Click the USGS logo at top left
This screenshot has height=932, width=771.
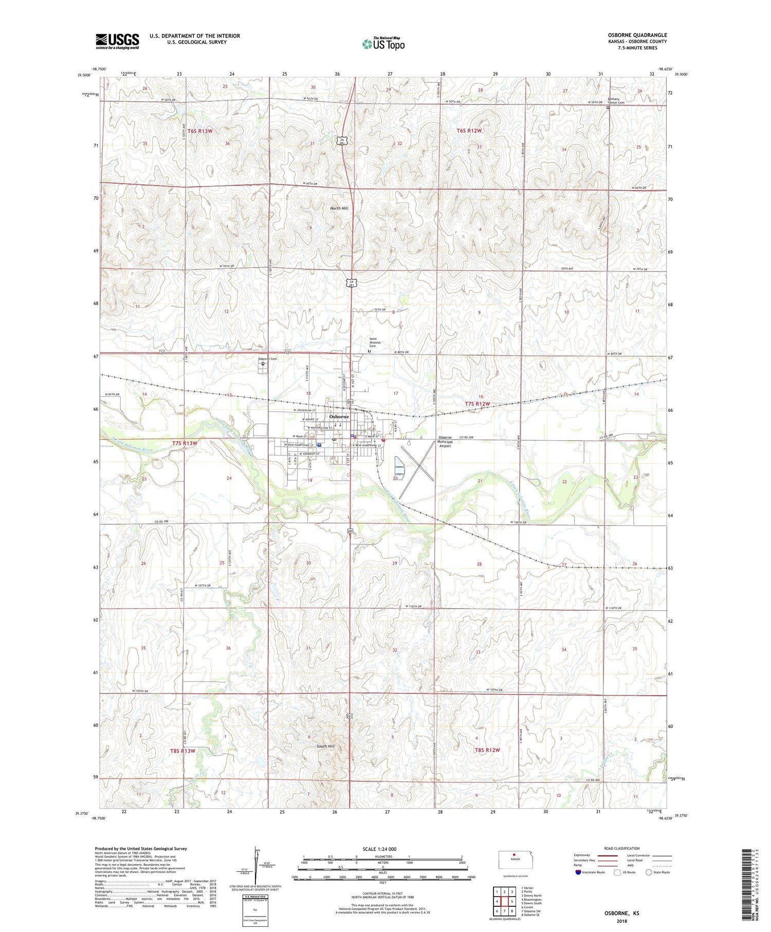[x=117, y=41]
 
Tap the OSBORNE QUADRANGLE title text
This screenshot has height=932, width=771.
[x=637, y=35]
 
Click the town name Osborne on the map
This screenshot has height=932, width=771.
[x=339, y=416]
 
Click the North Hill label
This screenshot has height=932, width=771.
[x=339, y=208]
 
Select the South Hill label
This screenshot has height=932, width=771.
[x=325, y=746]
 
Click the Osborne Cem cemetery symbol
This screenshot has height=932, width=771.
[x=263, y=363]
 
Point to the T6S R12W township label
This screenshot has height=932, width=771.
[x=469, y=131]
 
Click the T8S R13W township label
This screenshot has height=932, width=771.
[x=183, y=751]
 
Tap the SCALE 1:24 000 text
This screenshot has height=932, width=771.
[x=379, y=849]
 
